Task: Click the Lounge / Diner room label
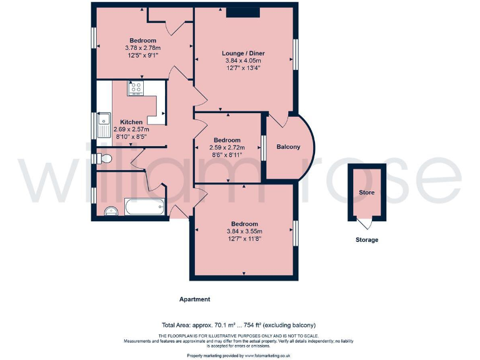tap(244, 54)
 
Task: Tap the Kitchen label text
tap(132, 122)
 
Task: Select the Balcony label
tap(288, 147)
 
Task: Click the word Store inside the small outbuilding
tap(367, 192)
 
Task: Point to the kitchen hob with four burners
tap(136, 89)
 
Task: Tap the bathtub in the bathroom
tap(144, 206)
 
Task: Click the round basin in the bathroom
tap(110, 211)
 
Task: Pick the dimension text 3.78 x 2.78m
tap(143, 48)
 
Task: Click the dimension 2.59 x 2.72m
tap(227, 147)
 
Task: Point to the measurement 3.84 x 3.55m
tap(244, 231)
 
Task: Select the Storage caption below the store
tap(366, 239)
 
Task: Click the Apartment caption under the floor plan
tap(195, 299)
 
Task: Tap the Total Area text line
tap(239, 326)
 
